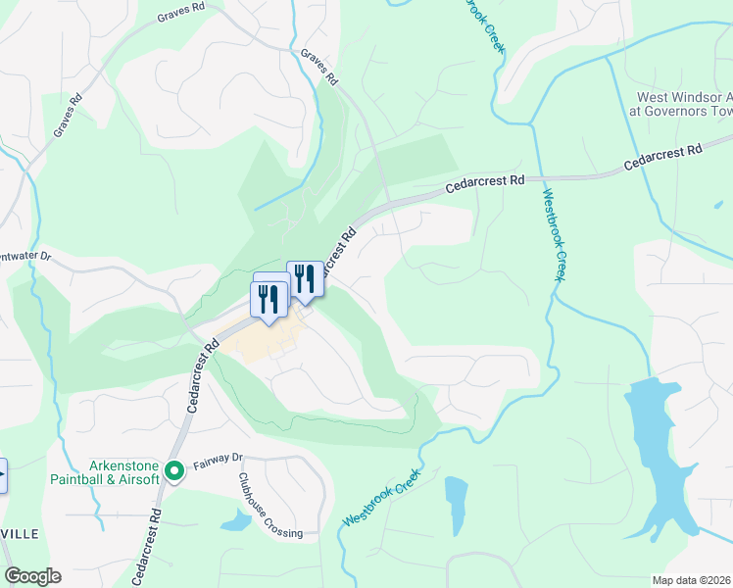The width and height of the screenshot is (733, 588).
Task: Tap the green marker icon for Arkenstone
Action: tap(174, 472)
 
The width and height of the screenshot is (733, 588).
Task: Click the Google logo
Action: tap(32, 576)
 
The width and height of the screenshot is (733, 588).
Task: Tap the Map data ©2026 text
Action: tap(692, 580)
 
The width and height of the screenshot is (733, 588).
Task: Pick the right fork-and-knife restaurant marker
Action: tap(304, 279)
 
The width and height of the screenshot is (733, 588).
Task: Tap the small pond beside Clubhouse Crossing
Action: tap(236, 520)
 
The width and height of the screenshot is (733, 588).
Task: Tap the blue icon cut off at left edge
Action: tap(2, 474)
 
